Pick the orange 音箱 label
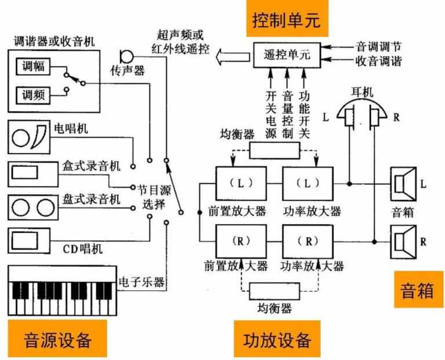click(x=417, y=289)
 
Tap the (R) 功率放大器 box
click(x=308, y=241)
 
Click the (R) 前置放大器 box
click(x=241, y=241)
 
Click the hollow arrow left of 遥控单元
click(x=232, y=56)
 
